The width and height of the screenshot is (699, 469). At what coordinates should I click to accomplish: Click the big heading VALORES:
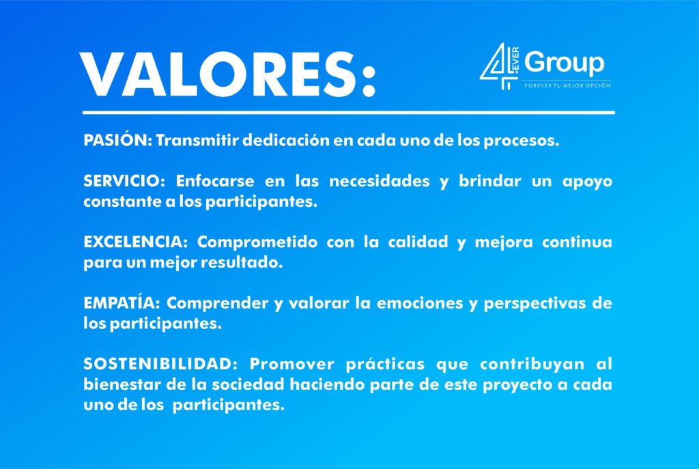click(x=227, y=75)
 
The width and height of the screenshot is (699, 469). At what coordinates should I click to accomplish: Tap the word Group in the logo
click(x=565, y=63)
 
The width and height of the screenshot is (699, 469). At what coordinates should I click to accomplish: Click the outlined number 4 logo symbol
click(x=499, y=66)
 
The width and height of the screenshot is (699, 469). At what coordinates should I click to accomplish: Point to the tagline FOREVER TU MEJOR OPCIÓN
click(x=567, y=85)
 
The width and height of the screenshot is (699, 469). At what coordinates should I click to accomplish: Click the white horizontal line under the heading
click(x=349, y=113)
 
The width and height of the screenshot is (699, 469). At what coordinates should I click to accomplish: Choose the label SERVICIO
click(x=124, y=181)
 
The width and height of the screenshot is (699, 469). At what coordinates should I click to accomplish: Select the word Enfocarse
click(x=215, y=181)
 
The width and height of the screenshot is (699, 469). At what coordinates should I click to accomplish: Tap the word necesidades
click(x=380, y=181)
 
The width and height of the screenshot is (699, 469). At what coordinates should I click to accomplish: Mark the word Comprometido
click(x=257, y=242)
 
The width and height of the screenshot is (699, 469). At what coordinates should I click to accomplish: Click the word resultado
click(x=242, y=263)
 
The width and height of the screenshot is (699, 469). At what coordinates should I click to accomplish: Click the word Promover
click(x=291, y=364)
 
